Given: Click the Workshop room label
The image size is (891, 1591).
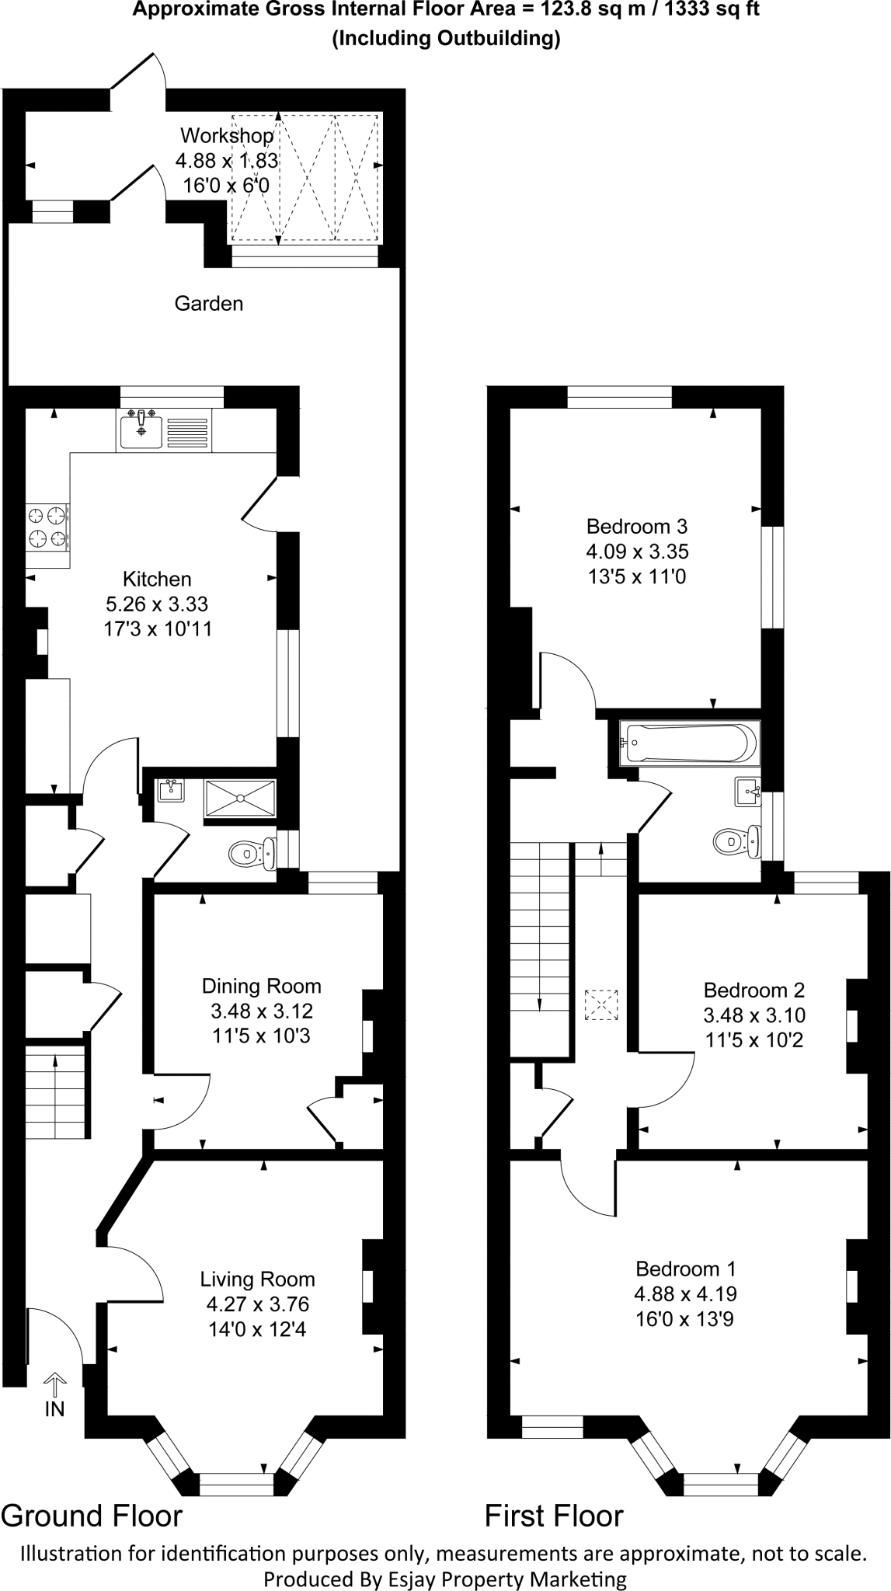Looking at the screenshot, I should [x=227, y=136].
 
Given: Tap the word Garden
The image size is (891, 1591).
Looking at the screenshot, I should [x=208, y=304].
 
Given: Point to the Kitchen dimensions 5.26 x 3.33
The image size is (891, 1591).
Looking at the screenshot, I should [x=157, y=604].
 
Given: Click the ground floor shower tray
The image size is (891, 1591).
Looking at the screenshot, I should [x=240, y=798].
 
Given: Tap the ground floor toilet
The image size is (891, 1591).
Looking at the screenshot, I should [x=252, y=854].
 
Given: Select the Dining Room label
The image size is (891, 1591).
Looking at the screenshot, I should [x=261, y=987].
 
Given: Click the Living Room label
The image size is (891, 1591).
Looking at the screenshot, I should [x=257, y=1279].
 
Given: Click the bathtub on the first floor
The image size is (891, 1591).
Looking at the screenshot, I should [x=688, y=743].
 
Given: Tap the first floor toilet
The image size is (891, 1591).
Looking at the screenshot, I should [x=734, y=841].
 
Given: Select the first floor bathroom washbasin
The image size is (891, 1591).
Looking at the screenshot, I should [x=747, y=793].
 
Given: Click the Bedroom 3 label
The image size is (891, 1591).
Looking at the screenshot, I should [x=636, y=527].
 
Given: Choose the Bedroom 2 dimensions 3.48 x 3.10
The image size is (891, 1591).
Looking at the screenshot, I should [x=754, y=1015].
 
